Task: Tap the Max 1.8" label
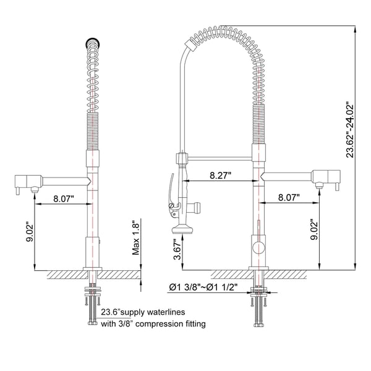(x=136, y=238)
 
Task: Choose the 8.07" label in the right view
(x=288, y=198)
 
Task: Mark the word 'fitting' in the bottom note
(x=194, y=323)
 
